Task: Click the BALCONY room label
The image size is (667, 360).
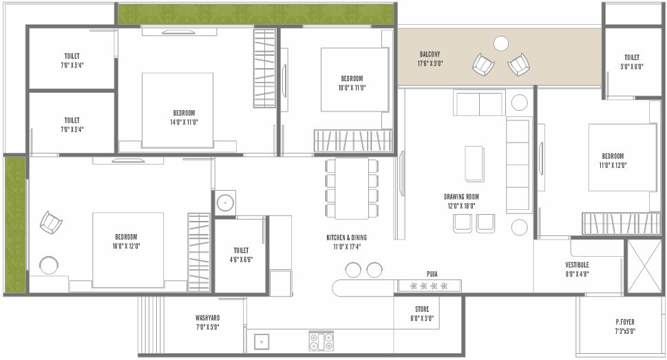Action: click(430, 54)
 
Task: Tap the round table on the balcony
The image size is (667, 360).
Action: click(501, 43)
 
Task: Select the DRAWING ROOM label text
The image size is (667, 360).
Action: click(461, 197)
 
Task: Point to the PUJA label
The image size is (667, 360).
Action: click(432, 273)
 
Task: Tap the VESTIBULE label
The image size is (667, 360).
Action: click(577, 264)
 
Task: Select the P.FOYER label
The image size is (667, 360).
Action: click(625, 321)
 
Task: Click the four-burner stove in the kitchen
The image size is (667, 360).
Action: click(321, 341)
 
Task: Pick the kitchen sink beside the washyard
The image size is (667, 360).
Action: click(261, 341)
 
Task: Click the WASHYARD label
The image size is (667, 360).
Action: click(207, 318)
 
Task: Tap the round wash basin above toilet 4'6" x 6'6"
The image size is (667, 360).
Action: click(224, 203)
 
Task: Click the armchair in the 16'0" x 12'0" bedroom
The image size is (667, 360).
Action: click(50, 222)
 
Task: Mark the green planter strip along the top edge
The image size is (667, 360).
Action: click(255, 14)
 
